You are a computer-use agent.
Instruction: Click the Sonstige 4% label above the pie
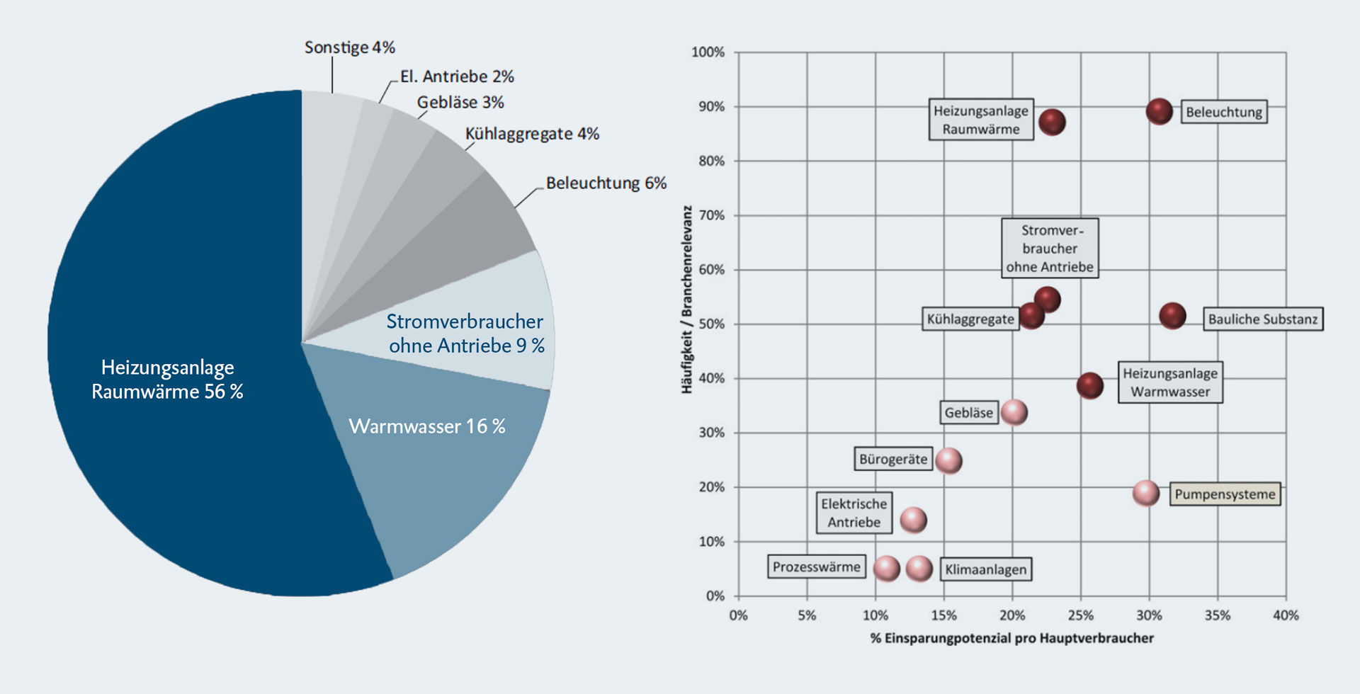349,47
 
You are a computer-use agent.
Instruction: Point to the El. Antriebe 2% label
457,76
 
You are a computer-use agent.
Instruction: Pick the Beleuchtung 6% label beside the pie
606,183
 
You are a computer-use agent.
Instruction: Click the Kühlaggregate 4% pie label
532,134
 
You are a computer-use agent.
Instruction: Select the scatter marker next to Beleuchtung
1160,111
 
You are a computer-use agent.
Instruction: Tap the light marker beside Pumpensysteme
1145,493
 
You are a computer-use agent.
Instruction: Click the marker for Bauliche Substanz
1172,316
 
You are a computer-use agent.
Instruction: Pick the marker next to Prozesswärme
886,568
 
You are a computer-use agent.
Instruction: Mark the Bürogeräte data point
948,460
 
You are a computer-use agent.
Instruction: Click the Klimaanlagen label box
985,569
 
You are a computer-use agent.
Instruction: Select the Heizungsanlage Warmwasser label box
1169,382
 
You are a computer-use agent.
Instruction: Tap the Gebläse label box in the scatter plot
968,413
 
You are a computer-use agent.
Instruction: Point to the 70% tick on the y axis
711,215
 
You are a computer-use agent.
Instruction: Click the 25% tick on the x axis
1080,615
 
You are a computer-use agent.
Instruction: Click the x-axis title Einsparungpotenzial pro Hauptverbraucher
1011,638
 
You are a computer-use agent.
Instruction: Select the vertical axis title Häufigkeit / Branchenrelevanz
686,300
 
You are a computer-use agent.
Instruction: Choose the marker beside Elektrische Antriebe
913,520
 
